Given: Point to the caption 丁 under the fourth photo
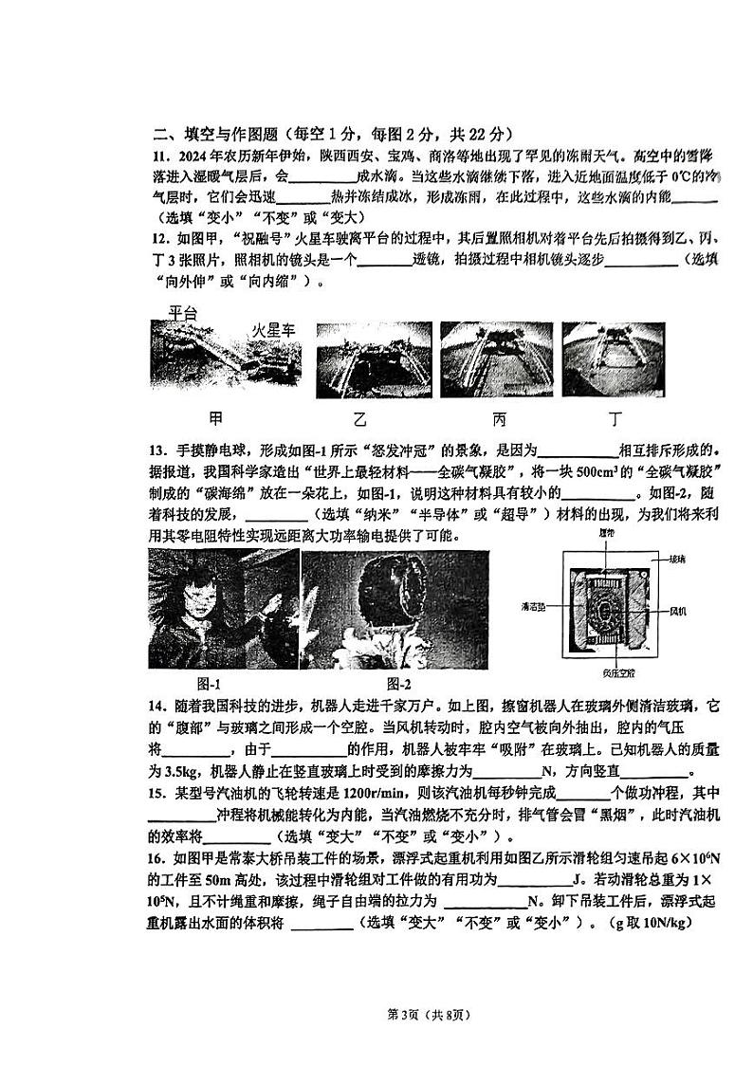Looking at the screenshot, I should click(616, 418).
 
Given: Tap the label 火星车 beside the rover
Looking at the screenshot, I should click(273, 330).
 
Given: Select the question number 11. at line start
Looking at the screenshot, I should click(159, 156).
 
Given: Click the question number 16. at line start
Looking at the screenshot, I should click(159, 858).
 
